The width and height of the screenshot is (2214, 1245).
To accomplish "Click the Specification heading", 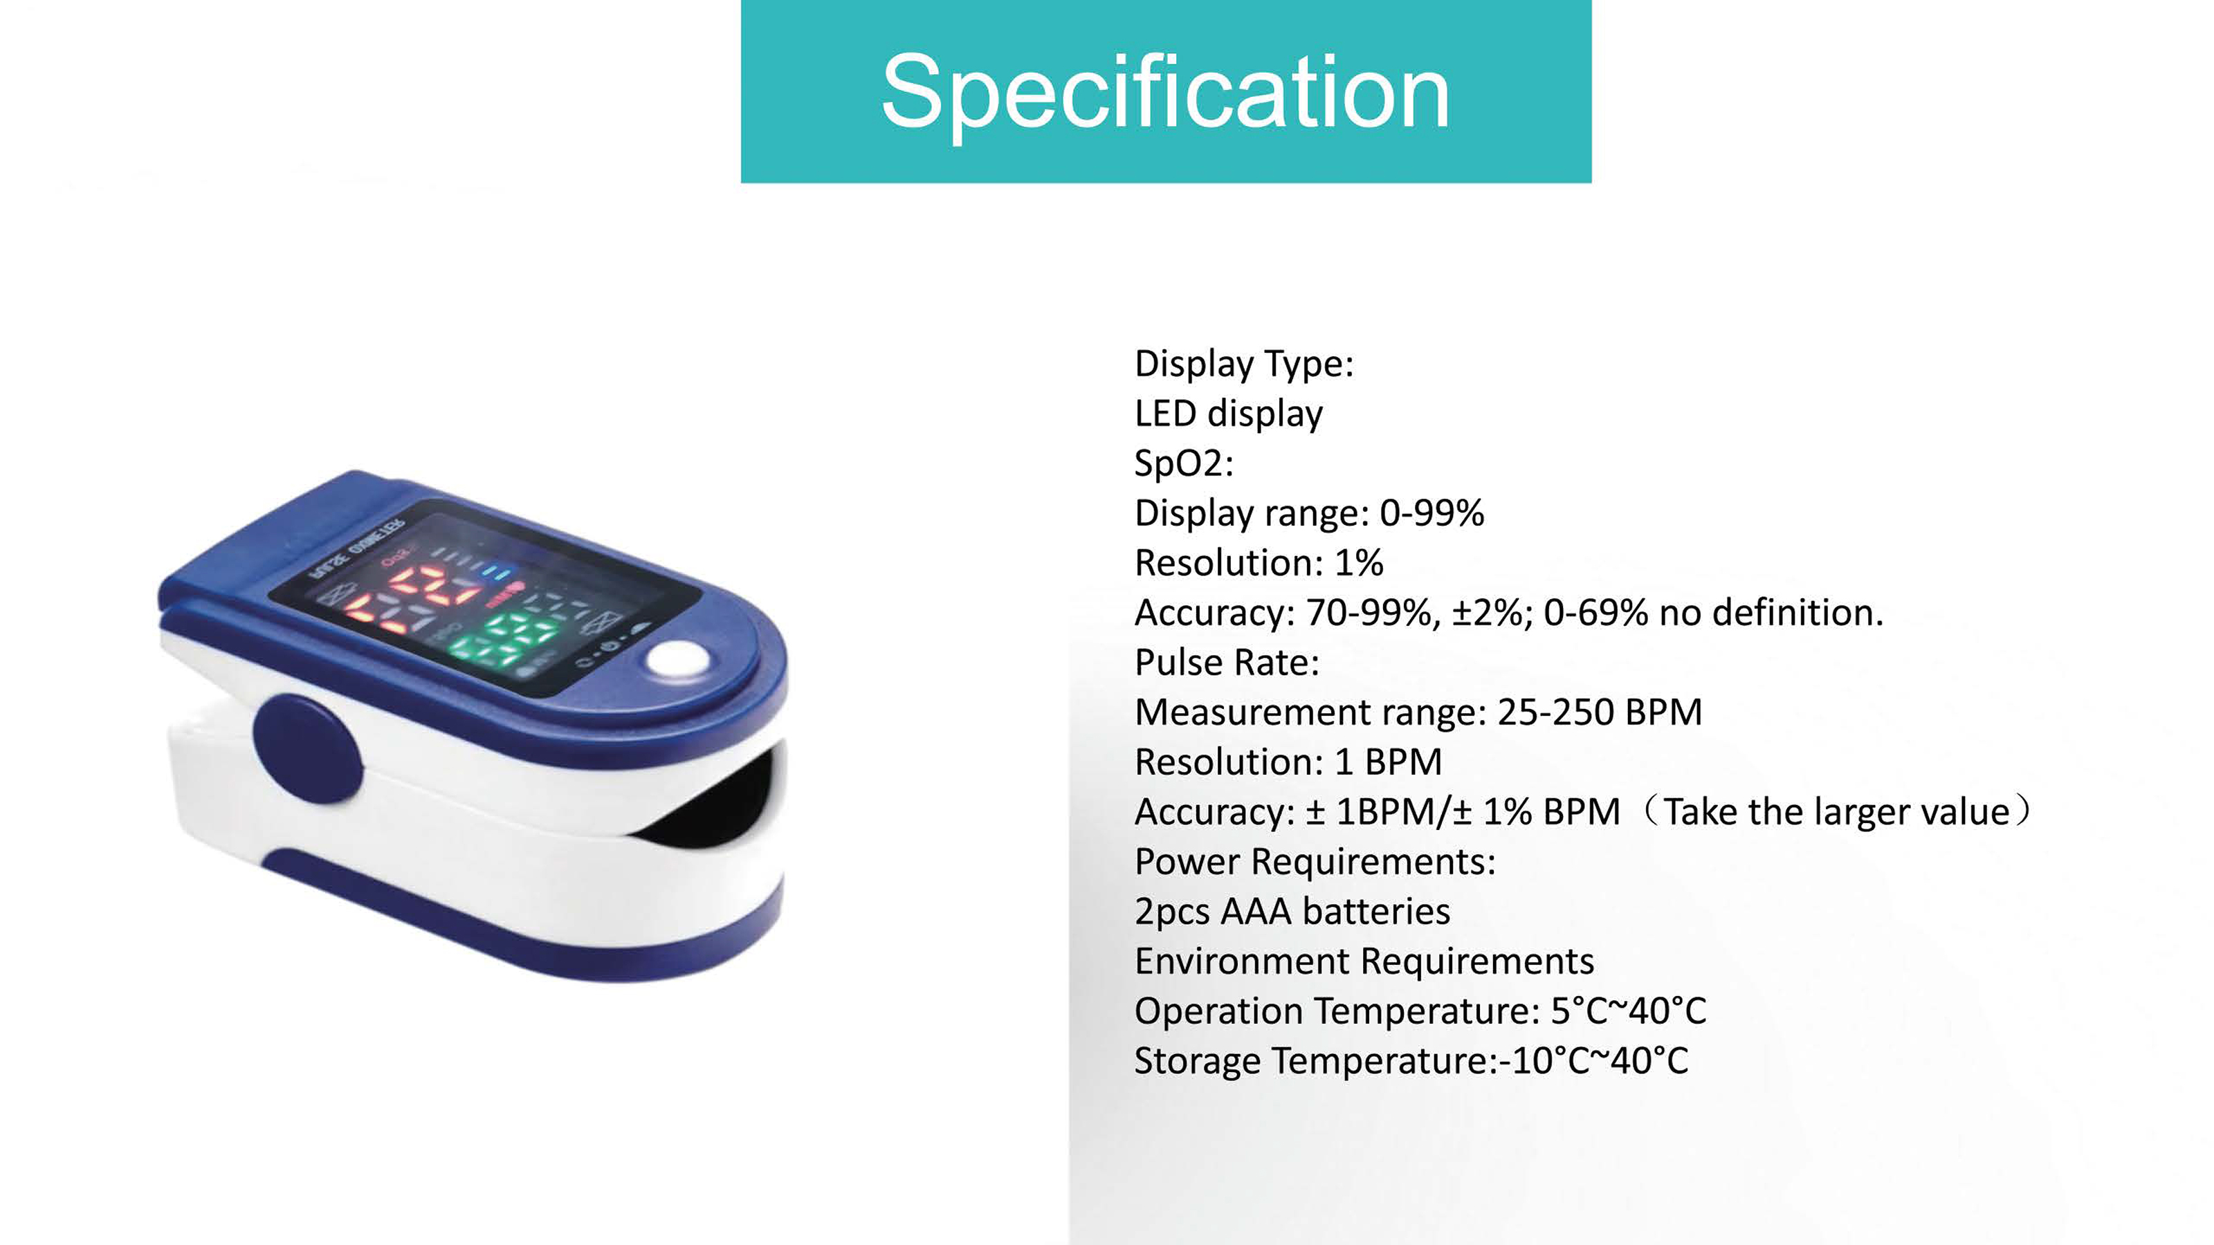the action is point(1165,93).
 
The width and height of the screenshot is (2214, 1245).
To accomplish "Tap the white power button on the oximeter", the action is point(677,660).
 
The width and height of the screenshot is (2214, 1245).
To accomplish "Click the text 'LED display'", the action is point(1228,414).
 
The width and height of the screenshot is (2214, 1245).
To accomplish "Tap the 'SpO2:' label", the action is point(1184,464).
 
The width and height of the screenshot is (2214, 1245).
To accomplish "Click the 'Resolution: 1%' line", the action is point(1259,563).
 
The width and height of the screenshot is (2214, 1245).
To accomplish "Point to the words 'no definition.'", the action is point(1771,613).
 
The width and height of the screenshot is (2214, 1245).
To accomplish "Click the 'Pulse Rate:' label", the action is point(1227,663).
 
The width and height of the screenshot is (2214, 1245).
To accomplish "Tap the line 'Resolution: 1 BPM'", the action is point(1288,762).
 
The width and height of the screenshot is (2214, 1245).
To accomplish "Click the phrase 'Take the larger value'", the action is point(1837,812).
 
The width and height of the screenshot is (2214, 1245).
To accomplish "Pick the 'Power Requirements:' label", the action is point(1315,862).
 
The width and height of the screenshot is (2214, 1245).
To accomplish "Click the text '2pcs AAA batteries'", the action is point(1292,912).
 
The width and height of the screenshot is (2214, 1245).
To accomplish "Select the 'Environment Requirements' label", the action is point(1364,961).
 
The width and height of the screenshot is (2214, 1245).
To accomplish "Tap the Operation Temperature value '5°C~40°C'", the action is point(1629,1011).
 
